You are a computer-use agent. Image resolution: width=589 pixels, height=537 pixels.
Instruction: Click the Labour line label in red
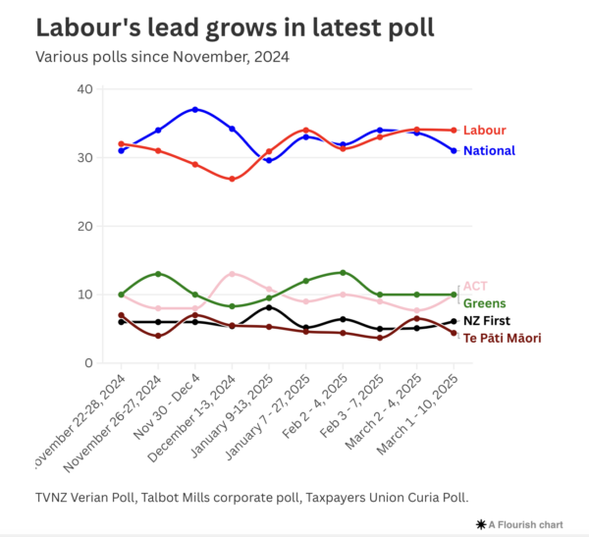click(484, 131)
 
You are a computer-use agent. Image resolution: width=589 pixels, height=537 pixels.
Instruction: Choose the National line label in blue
click(489, 151)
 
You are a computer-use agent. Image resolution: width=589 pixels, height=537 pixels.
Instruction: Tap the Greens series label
click(484, 303)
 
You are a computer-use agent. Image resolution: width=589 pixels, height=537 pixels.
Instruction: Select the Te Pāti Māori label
click(502, 338)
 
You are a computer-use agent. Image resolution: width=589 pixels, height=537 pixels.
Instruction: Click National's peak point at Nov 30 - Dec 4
click(195, 109)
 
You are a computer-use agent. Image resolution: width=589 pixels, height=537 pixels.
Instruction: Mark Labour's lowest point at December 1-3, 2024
click(232, 179)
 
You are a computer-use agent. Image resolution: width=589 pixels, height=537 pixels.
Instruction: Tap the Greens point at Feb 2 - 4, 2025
click(343, 273)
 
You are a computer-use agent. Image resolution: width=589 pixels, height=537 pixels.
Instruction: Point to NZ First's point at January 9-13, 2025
click(269, 307)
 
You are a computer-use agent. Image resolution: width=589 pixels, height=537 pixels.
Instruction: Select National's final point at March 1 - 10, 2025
click(454, 150)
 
